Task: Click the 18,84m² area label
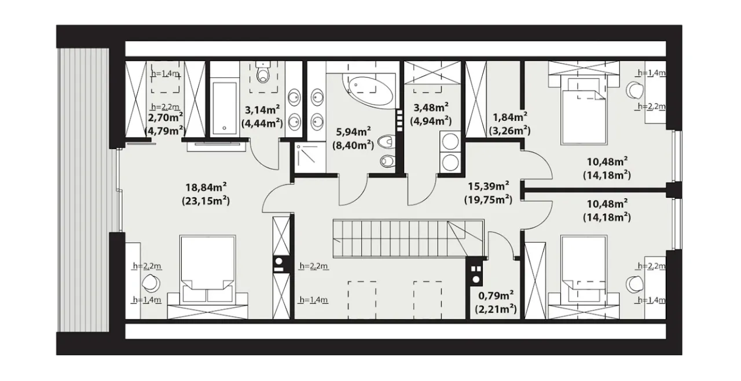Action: coord(206,187)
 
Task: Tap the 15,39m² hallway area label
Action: coord(488,186)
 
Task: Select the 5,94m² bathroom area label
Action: coord(353,131)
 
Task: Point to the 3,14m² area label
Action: coord(262,110)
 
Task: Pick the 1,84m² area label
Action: coord(510,117)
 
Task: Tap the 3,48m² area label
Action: coord(431,108)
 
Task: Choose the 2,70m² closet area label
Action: coord(166,117)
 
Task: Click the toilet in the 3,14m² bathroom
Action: coord(263,73)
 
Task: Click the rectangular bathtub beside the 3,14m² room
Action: coord(225,108)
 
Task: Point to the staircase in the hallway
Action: coord(409,238)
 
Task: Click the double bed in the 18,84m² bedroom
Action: coord(208,276)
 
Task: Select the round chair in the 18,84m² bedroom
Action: coord(151,283)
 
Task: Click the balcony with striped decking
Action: coord(83,190)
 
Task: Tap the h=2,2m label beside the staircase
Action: coord(314,266)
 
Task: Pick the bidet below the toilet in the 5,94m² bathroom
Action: coord(388,161)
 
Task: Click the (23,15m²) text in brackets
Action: coord(206,201)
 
